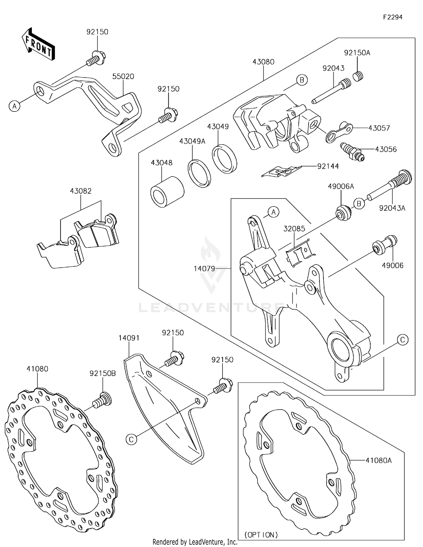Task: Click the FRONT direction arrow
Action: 38,44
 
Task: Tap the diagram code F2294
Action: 393,17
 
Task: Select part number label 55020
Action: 123,76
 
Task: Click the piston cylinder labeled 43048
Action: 167,192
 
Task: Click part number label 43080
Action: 263,62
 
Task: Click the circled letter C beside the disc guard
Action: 131,439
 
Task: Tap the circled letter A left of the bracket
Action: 14,106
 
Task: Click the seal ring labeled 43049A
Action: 199,173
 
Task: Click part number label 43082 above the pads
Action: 81,191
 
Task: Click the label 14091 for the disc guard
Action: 129,338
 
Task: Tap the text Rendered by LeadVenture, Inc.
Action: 195,542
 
